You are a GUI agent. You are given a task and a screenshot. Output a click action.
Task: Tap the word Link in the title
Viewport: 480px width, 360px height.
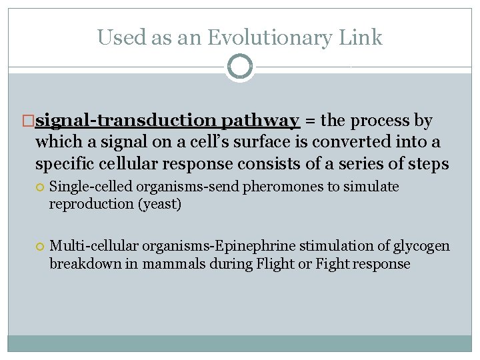coord(361,37)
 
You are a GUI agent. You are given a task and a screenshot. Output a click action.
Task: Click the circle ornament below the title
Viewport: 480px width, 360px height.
coord(240,67)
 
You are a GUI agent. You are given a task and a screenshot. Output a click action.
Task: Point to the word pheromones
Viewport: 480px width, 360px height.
coord(277,187)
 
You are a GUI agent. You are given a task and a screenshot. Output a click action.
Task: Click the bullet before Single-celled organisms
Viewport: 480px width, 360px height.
coord(41,187)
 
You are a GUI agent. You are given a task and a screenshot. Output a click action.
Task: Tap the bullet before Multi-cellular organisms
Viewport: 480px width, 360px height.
coord(41,247)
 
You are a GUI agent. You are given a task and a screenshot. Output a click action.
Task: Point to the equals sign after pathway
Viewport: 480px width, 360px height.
coord(310,121)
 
